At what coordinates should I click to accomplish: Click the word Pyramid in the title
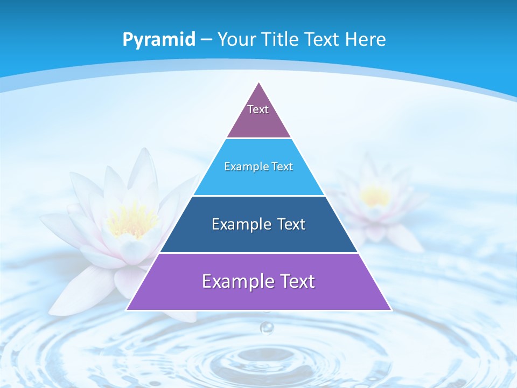(x=159, y=40)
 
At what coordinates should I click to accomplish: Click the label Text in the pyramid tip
(x=258, y=109)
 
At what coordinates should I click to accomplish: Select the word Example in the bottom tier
(x=236, y=281)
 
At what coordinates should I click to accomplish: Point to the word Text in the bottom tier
(x=296, y=281)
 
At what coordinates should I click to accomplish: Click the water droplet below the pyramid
(x=267, y=327)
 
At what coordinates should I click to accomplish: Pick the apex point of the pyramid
(x=259, y=82)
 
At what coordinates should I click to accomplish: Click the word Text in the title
(x=322, y=39)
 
